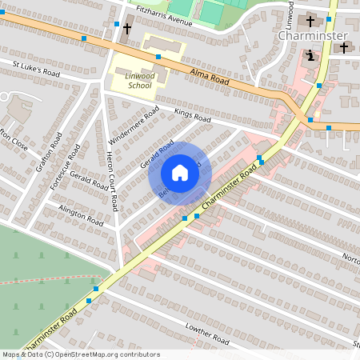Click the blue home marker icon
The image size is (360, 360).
180,173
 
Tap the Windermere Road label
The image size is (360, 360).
134,124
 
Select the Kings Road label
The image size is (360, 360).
192,117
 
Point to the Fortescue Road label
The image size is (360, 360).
66,167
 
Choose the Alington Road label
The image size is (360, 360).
81,214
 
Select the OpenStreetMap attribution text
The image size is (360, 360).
81,354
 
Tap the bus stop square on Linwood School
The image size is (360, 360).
158,57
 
